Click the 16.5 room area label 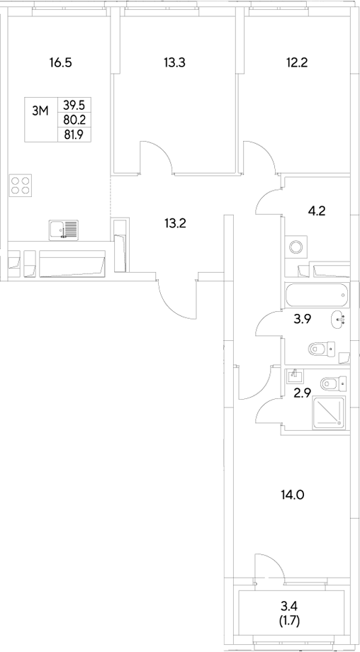click(61, 62)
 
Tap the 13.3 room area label click(174, 62)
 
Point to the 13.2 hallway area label click(175, 223)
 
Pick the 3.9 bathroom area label click(303, 320)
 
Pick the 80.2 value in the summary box click(72, 120)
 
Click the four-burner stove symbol click(21, 186)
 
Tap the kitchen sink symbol click(64, 230)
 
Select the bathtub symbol click(317, 292)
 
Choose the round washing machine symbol click(296, 247)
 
